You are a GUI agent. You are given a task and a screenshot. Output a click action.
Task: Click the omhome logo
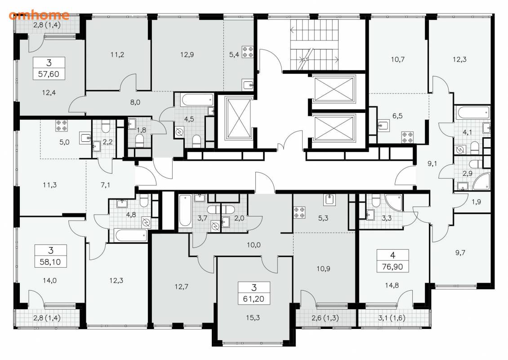(x=39, y=15)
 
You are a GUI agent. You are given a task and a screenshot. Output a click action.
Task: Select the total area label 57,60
(x=49, y=74)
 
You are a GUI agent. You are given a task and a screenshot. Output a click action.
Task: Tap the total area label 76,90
(x=392, y=266)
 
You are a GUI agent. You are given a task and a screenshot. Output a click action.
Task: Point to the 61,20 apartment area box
(x=254, y=293)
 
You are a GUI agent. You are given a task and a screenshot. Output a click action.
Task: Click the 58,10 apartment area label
(x=50, y=262)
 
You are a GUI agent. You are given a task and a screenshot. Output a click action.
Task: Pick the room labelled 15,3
(x=253, y=318)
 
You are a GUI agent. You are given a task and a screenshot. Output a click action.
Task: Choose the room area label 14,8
(x=392, y=285)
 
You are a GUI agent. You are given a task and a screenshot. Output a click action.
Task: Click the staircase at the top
(x=314, y=45)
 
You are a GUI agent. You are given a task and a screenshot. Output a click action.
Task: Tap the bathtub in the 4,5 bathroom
(x=198, y=99)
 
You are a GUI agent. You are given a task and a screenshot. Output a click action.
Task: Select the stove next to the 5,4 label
(x=248, y=52)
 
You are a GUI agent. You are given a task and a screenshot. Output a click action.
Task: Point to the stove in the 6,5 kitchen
(x=408, y=137)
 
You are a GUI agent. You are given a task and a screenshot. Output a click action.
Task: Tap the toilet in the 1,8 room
(x=139, y=141)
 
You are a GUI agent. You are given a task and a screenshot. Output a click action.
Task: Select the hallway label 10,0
(x=254, y=245)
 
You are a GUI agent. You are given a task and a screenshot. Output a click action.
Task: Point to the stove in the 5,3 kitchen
(x=299, y=212)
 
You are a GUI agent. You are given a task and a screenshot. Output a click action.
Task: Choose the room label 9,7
(x=460, y=252)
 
